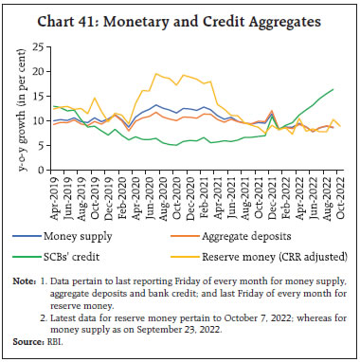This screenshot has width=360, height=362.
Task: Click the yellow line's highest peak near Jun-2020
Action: pos(156,73)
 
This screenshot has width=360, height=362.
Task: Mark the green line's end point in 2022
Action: pos(333,89)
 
